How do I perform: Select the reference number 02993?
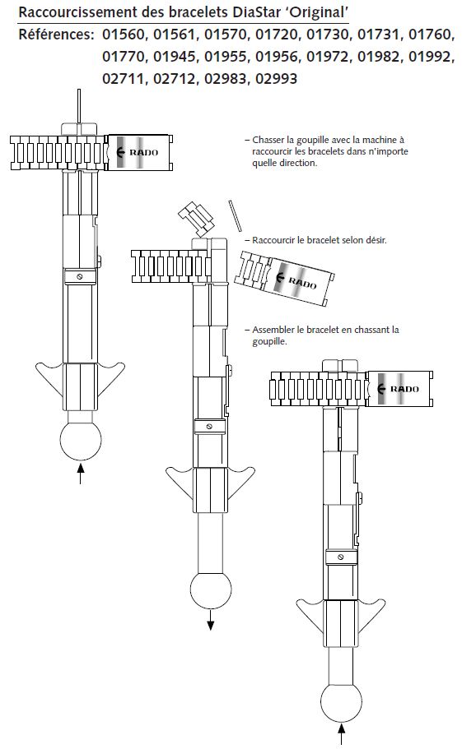[x=276, y=78]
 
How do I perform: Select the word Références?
[x=56, y=35]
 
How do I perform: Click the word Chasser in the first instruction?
[x=267, y=140]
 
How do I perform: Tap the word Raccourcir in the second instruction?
[x=273, y=240]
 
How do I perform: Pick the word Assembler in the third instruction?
[x=273, y=330]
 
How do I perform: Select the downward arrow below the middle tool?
[x=211, y=619]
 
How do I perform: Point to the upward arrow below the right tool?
[x=342, y=733]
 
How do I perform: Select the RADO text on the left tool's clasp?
[x=143, y=152]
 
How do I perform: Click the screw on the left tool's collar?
[x=79, y=277]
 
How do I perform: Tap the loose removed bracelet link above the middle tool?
[x=196, y=219]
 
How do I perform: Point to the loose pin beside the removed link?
[x=235, y=215]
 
